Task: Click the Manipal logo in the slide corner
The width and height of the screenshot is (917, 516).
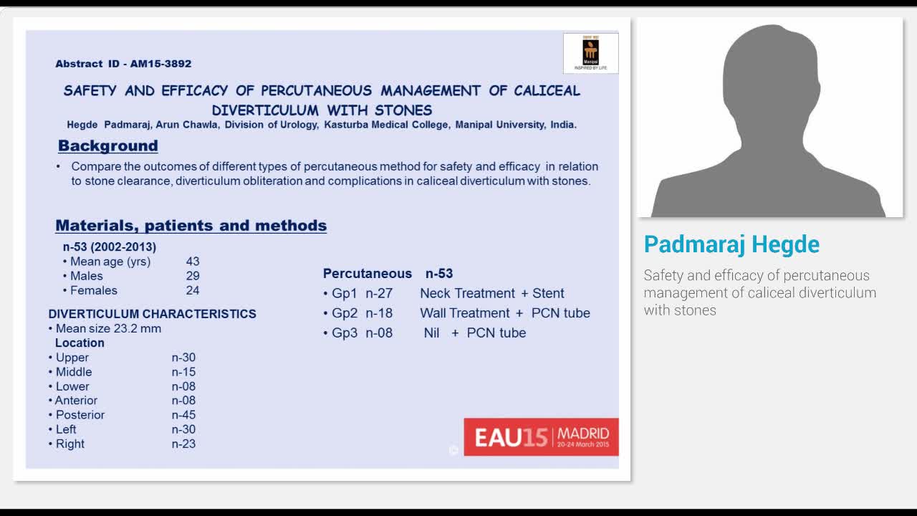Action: point(590,53)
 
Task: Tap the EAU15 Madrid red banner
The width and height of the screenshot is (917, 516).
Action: point(541,436)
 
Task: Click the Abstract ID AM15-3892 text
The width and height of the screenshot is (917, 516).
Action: point(123,64)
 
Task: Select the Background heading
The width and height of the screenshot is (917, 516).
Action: point(107,145)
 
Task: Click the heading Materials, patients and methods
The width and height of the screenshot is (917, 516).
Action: point(191,225)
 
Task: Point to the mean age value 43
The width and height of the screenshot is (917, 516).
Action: point(193,262)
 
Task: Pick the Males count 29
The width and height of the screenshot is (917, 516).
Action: point(193,276)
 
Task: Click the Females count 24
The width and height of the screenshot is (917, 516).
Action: point(193,290)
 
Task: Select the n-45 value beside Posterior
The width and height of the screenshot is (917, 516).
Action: point(183,415)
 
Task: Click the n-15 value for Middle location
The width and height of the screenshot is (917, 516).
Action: point(183,372)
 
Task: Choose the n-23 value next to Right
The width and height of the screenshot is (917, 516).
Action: point(183,444)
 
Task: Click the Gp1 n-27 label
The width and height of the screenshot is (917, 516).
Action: point(362,293)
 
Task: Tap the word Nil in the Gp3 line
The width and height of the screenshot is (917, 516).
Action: point(431,333)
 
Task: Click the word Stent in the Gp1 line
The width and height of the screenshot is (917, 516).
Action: point(548,293)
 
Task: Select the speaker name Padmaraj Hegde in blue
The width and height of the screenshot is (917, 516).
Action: point(731,244)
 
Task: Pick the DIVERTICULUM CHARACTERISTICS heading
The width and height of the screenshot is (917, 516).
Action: point(152,314)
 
